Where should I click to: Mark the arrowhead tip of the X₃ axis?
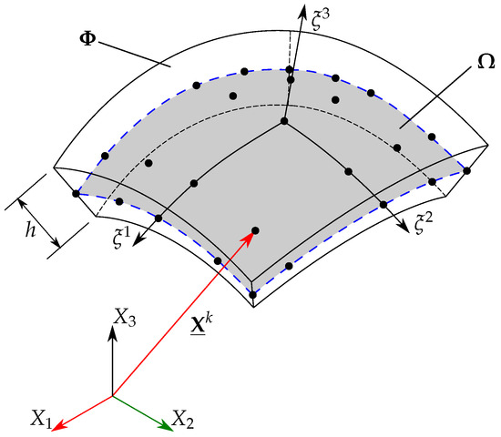[112, 326]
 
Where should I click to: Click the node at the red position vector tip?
[255, 230]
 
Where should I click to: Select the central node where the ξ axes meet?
[284, 122]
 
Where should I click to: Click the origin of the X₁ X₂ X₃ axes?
[112, 396]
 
